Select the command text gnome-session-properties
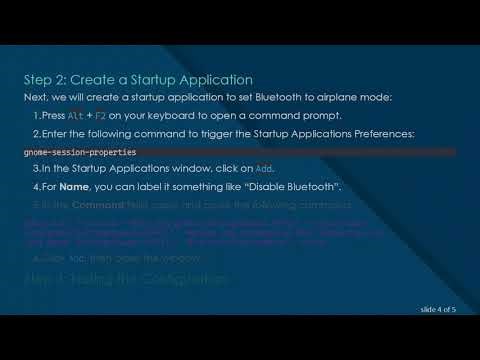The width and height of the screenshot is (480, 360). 79,151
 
